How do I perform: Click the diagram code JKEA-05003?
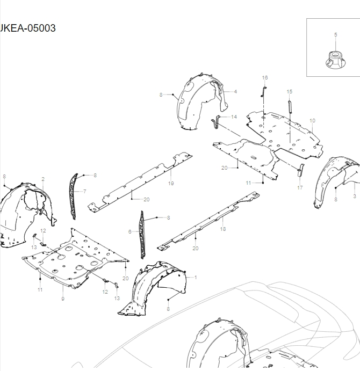[28, 28]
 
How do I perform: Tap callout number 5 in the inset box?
[336, 34]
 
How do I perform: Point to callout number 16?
[264, 78]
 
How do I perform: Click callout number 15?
[289, 92]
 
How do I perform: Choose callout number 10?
[312, 120]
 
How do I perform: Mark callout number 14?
[234, 117]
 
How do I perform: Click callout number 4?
[235, 92]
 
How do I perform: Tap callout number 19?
[171, 183]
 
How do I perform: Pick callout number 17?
[299, 188]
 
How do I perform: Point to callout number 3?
[355, 197]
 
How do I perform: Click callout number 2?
[42, 178]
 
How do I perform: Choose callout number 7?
[84, 191]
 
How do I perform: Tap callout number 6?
[129, 231]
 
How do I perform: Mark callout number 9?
[62, 299]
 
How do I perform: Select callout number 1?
[196, 277]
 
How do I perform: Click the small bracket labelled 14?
[215, 121]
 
